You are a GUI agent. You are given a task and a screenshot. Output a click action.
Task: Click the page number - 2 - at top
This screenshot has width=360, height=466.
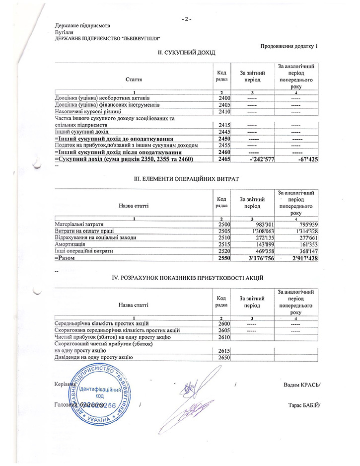[x=186, y=19]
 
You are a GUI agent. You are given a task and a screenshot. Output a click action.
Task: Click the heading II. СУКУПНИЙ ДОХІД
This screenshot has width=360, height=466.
[x=186, y=52]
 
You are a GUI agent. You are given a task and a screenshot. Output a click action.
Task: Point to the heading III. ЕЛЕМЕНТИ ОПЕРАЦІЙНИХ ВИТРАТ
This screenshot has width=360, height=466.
[x=186, y=177]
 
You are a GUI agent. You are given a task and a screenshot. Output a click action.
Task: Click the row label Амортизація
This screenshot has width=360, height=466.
[x=70, y=244]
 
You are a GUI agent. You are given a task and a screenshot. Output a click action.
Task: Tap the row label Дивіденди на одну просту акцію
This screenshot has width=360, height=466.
[x=94, y=357]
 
